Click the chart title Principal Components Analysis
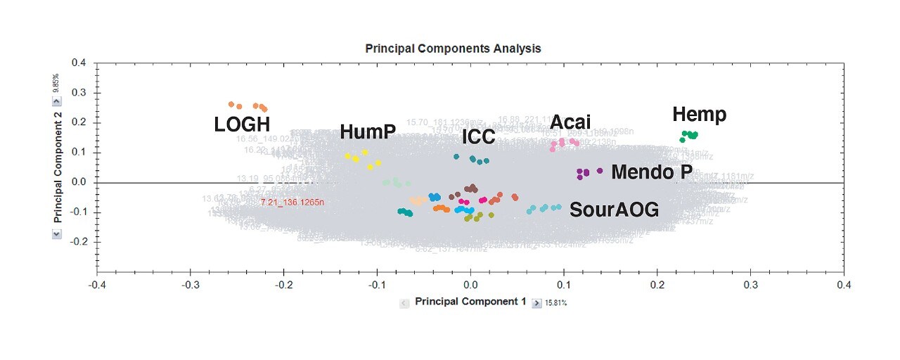coord(453,49)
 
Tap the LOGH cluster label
coord(242,125)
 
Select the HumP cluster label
coord(368,131)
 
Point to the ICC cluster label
coord(478,136)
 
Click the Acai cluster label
coord(570,122)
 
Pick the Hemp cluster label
coord(699,115)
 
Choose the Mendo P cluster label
coord(652,172)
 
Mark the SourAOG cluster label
coord(614,209)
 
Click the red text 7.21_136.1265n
coord(292,202)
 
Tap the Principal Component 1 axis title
coord(470,302)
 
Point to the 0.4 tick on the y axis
coord(79,63)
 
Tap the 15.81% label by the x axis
coord(556,303)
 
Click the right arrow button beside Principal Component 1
coord(536,302)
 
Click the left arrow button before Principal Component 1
coord(404,302)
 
